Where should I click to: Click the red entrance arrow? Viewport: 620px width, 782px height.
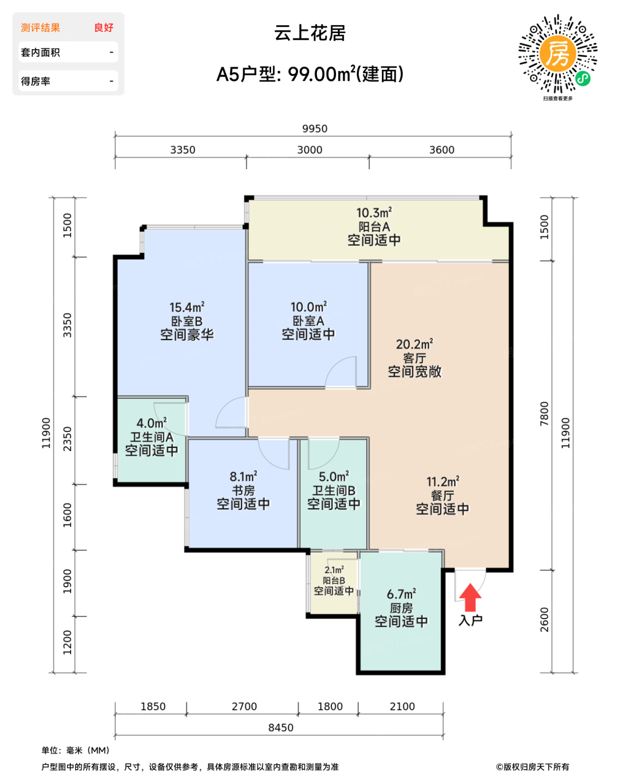point(470,598)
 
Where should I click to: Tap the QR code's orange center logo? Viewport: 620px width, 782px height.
point(557,54)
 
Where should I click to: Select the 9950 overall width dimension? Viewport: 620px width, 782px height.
point(315,128)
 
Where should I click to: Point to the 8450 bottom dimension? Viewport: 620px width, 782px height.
point(281,727)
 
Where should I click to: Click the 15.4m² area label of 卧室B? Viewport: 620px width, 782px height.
point(187,307)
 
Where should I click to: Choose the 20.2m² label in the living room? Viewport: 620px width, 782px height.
point(414,344)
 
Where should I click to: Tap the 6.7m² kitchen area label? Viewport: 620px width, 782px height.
point(401,594)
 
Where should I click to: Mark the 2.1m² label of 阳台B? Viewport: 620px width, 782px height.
point(334,570)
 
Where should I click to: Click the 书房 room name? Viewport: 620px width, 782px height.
point(243,490)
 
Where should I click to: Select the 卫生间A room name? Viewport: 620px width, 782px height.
point(152,437)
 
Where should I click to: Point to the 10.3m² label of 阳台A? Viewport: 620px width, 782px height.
point(374,213)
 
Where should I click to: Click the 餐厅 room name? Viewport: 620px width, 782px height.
point(442,495)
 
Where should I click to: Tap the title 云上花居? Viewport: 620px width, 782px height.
point(310,33)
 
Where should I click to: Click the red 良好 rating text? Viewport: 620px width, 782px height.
point(103,27)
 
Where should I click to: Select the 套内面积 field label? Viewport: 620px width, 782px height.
point(40,53)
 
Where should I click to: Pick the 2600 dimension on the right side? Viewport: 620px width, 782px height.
point(544,619)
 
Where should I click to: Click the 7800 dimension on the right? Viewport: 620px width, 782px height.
point(544,414)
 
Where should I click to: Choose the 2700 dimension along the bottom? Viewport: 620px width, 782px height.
point(244,707)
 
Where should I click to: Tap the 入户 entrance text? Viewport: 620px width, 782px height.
point(470,621)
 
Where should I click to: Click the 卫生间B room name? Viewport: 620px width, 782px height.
point(334,490)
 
